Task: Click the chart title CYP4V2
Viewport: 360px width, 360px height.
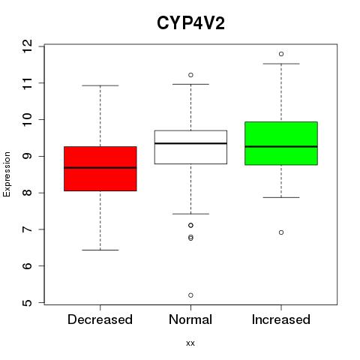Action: pyautogui.click(x=190, y=23)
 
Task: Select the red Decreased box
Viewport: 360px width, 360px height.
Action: pyautogui.click(x=100, y=169)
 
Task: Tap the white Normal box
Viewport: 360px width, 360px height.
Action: pyautogui.click(x=190, y=147)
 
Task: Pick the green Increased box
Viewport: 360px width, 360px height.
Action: pyautogui.click(x=281, y=143)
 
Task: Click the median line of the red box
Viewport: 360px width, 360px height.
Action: pyautogui.click(x=100, y=168)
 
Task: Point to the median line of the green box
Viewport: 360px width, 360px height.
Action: pyautogui.click(x=281, y=146)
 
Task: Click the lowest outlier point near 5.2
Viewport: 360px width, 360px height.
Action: pyautogui.click(x=190, y=295)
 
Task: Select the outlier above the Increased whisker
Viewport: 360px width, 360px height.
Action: pyautogui.click(x=281, y=54)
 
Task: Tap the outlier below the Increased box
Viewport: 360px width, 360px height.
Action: pyautogui.click(x=281, y=232)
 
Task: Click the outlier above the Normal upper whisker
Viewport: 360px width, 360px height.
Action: pyautogui.click(x=190, y=75)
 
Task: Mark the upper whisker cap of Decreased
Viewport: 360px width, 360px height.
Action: pyautogui.click(x=100, y=85)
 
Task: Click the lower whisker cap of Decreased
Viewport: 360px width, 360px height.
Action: pyautogui.click(x=100, y=250)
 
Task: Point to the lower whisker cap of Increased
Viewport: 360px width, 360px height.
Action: pyautogui.click(x=281, y=197)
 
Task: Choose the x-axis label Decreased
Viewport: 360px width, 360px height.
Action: pyautogui.click(x=100, y=319)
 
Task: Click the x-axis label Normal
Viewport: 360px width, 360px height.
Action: pyautogui.click(x=190, y=319)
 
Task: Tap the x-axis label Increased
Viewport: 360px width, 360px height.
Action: pyautogui.click(x=281, y=319)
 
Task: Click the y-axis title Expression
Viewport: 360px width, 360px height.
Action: pyautogui.click(x=7, y=174)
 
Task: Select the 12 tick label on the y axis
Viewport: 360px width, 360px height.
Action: pyautogui.click(x=27, y=46)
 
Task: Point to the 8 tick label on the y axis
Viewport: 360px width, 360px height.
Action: pyautogui.click(x=27, y=193)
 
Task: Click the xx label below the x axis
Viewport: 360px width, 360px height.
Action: pyautogui.click(x=190, y=343)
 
